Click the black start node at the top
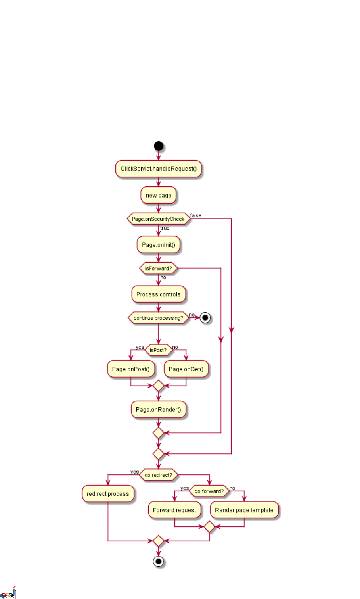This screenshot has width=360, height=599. tap(159, 146)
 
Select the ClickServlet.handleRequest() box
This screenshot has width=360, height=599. tap(159, 169)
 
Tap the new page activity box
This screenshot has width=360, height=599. tap(159, 195)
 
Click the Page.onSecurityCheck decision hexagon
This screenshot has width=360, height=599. tap(158, 219)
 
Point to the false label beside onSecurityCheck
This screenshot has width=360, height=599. tap(195, 215)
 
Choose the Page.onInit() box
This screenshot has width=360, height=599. tap(159, 245)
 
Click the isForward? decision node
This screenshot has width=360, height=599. tap(158, 268)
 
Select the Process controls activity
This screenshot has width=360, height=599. tap(158, 294)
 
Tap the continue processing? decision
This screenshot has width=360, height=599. tap(158, 318)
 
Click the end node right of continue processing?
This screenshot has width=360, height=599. tap(205, 318)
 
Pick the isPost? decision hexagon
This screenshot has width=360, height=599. tap(158, 350)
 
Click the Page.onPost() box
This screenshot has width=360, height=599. tap(131, 369)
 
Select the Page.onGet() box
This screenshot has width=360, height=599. tap(186, 369)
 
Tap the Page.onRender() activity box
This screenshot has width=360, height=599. tap(158, 409)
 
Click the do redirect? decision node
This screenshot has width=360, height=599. tap(158, 475)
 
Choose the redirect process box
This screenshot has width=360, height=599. tap(108, 494)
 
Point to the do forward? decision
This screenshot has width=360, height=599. tap(209, 491)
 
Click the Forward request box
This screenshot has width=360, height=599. tap(174, 510)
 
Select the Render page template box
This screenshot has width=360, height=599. tap(244, 510)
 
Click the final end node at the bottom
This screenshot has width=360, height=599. tap(159, 562)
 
